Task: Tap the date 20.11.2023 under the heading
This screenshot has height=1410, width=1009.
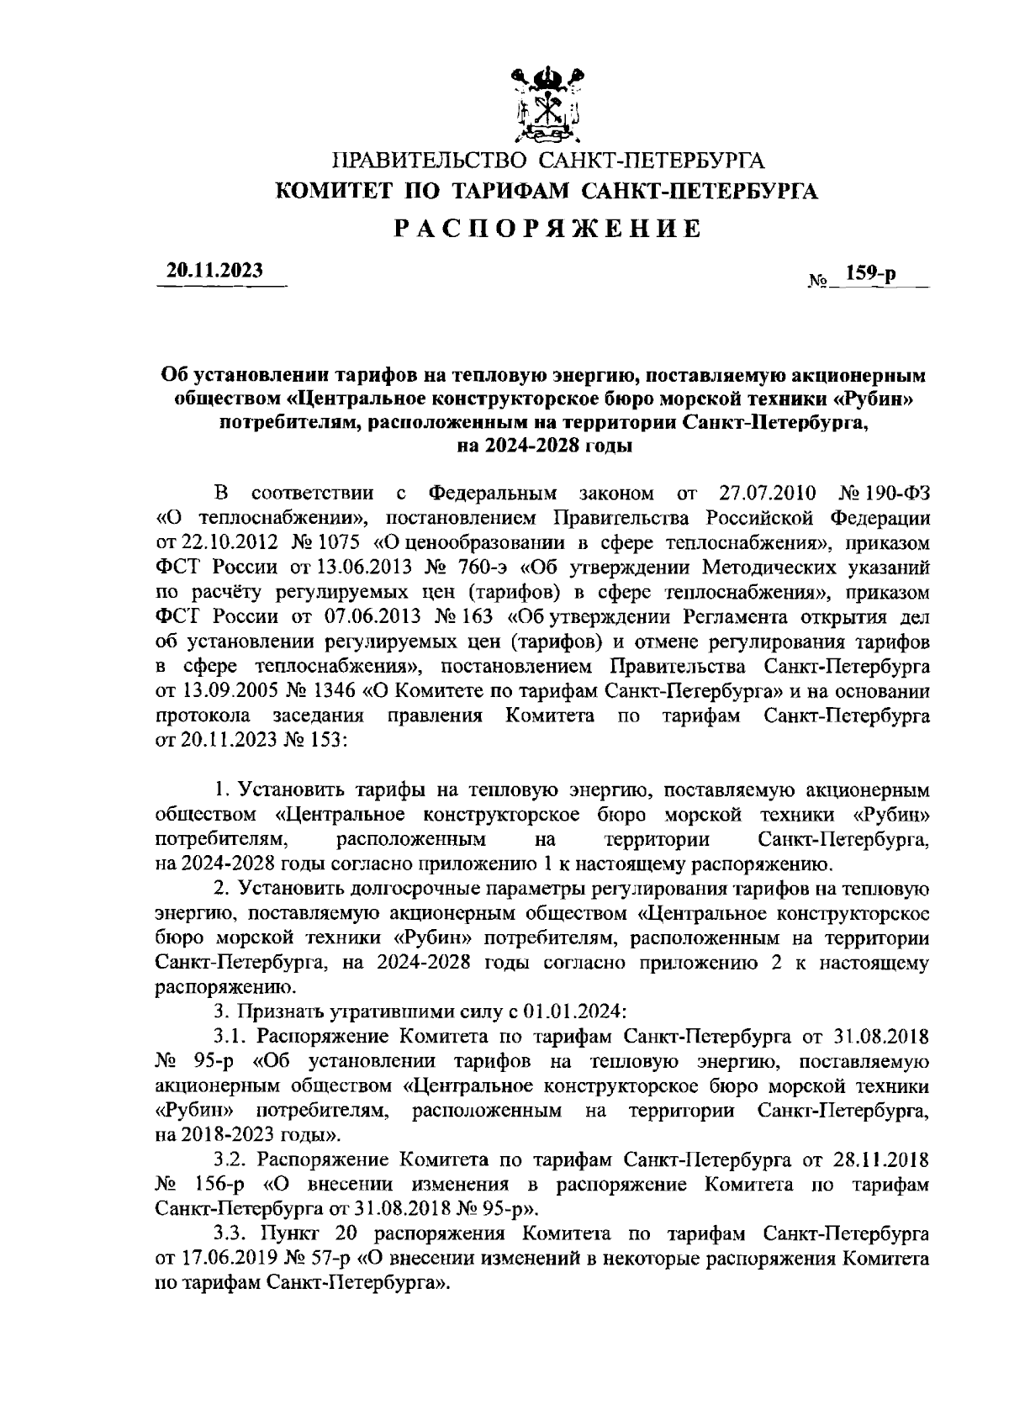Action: point(214,270)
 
